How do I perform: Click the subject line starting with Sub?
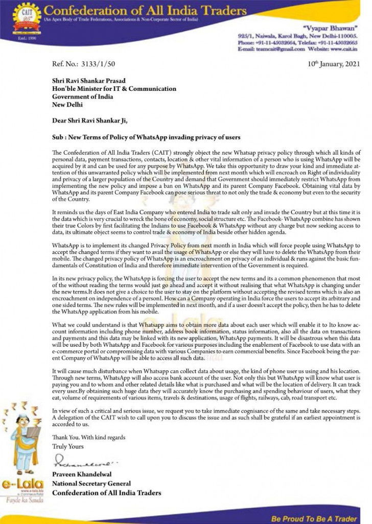click(146, 138)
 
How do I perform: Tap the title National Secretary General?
click(91, 484)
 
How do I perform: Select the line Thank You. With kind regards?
click(88, 438)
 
